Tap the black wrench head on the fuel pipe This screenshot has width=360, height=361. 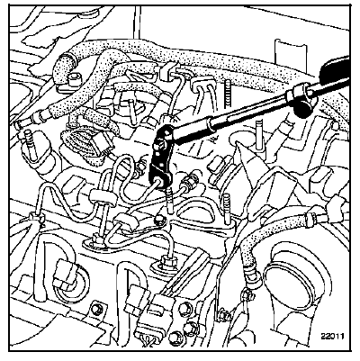161,158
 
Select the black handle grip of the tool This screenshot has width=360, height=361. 334,68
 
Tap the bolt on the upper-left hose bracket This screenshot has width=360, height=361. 73,80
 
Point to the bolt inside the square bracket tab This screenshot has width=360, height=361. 96,309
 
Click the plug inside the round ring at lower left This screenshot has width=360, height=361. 64,273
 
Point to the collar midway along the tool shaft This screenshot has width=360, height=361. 213,124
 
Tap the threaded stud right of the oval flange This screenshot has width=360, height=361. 228,207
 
